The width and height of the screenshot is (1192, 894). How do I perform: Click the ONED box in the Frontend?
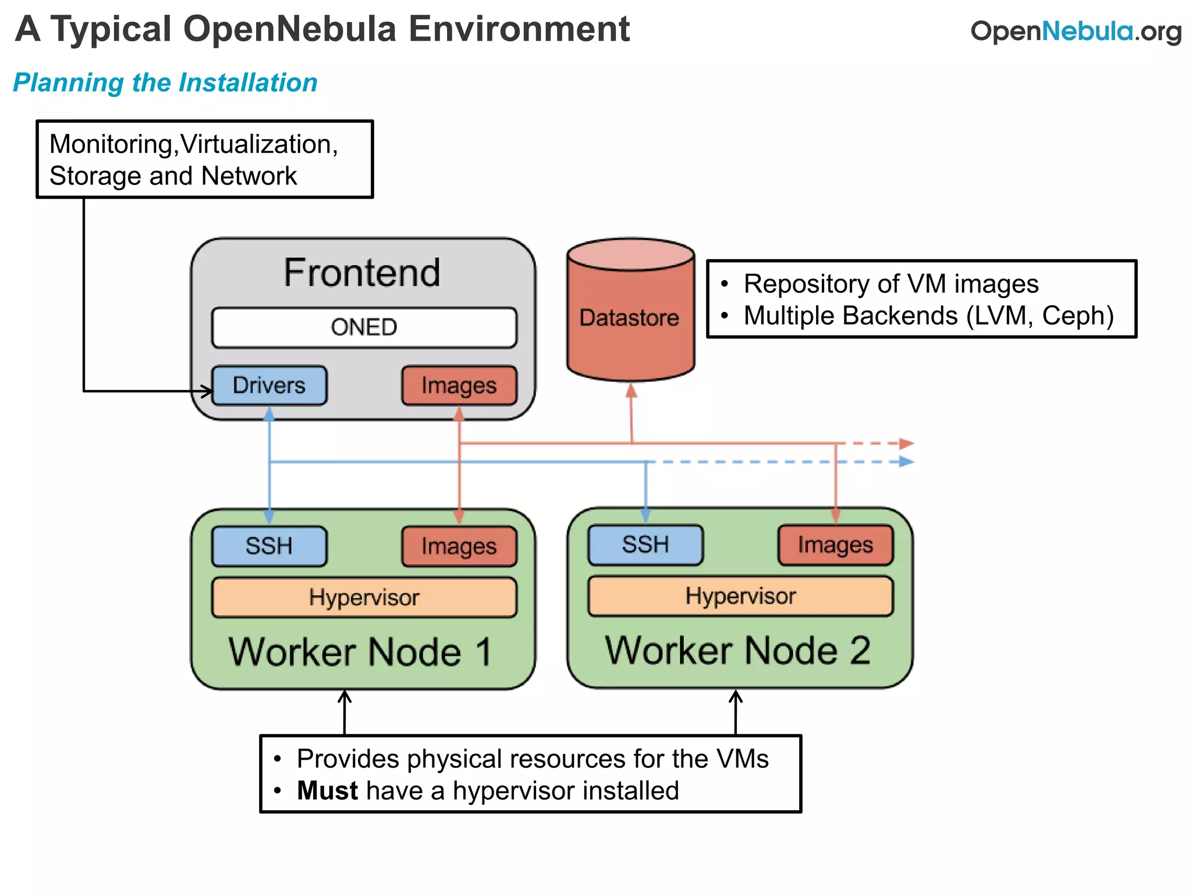[x=364, y=328]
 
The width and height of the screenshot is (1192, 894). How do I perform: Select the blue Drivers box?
[x=269, y=385]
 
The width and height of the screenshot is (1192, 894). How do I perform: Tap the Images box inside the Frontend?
[x=459, y=385]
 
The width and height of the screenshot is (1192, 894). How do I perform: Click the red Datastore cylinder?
[x=630, y=317]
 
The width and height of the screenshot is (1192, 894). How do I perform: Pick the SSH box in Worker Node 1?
[x=269, y=546]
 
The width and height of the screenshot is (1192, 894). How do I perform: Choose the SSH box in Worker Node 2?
[x=645, y=545]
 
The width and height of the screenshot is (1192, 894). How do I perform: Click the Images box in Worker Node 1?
[x=459, y=546]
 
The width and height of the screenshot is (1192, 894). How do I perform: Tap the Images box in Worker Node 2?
[x=835, y=545]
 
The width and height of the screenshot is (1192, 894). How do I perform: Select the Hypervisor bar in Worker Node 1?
[x=364, y=597]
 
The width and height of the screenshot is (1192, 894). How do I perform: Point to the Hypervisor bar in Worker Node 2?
[x=740, y=596]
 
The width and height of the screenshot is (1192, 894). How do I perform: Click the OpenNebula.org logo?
[x=1076, y=31]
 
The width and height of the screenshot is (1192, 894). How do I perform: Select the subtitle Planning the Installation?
[x=165, y=83]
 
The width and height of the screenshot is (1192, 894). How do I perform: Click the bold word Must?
[x=327, y=791]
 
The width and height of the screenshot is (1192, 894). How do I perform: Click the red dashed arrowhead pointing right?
[x=906, y=444]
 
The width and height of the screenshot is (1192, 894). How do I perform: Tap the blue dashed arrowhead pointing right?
[x=906, y=462]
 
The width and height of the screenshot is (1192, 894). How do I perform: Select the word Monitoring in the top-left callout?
[x=111, y=144]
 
